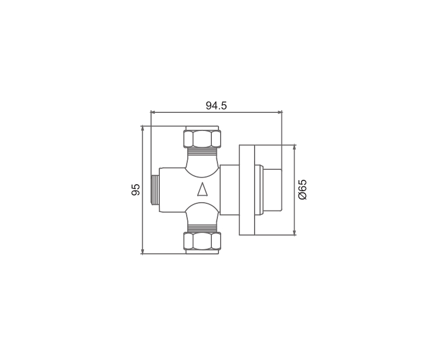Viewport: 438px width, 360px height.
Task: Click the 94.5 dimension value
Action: tap(216, 106)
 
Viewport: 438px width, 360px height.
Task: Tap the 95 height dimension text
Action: tap(135, 190)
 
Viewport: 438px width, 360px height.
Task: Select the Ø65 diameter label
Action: tap(302, 190)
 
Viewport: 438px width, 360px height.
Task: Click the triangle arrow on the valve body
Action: tap(202, 189)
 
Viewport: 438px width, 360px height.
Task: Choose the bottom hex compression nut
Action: tap(201, 241)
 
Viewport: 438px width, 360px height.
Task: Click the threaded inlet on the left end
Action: tap(155, 190)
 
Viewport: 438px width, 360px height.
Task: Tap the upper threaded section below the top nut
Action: tap(201, 151)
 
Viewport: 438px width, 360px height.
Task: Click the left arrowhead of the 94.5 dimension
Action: tap(153, 112)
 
